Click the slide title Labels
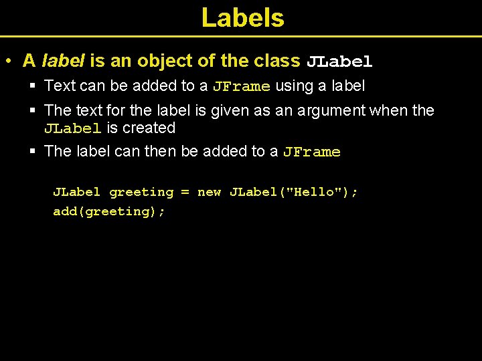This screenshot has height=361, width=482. coord(242,18)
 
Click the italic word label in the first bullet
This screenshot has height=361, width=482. coord(63,61)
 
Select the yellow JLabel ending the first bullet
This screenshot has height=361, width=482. coord(339,62)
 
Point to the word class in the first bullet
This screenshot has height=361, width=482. coord(277,61)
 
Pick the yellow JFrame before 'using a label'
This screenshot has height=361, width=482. coord(241,86)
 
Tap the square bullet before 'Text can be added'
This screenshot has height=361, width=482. coord(33,86)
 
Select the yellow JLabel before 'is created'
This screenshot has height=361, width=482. coord(73,128)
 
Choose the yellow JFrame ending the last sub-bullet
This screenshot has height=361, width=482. coord(311,152)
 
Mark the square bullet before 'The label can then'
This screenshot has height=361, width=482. coord(33,151)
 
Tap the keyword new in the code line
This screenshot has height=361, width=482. coord(209,193)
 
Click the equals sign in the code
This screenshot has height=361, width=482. coord(185,193)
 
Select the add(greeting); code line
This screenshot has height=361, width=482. coord(109,211)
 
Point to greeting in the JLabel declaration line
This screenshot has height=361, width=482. coord(141,193)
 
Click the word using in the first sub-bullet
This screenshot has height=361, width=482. coord(295,86)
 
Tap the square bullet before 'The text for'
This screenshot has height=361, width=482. coord(33,110)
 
